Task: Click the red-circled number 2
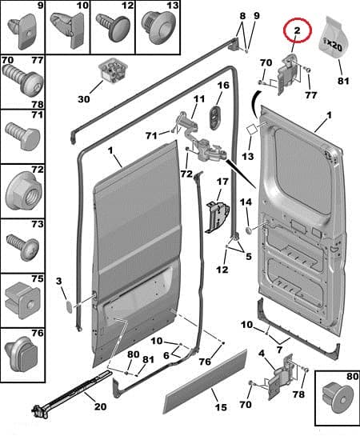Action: pyautogui.click(x=297, y=30)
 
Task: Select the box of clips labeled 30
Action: pyautogui.click(x=113, y=70)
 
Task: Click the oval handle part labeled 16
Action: pyautogui.click(x=216, y=118)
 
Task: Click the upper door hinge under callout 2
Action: pyautogui.click(x=288, y=73)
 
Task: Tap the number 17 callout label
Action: pyautogui.click(x=222, y=182)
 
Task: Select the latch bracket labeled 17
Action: pyautogui.click(x=218, y=217)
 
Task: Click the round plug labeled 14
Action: pyautogui.click(x=248, y=230)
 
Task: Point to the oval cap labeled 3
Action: pyautogui.click(x=69, y=306)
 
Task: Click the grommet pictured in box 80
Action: pyautogui.click(x=338, y=398)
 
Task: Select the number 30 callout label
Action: pyautogui.click(x=84, y=99)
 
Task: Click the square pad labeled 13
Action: pyautogui.click(x=253, y=130)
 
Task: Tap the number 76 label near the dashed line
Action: pyautogui.click(x=205, y=362)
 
